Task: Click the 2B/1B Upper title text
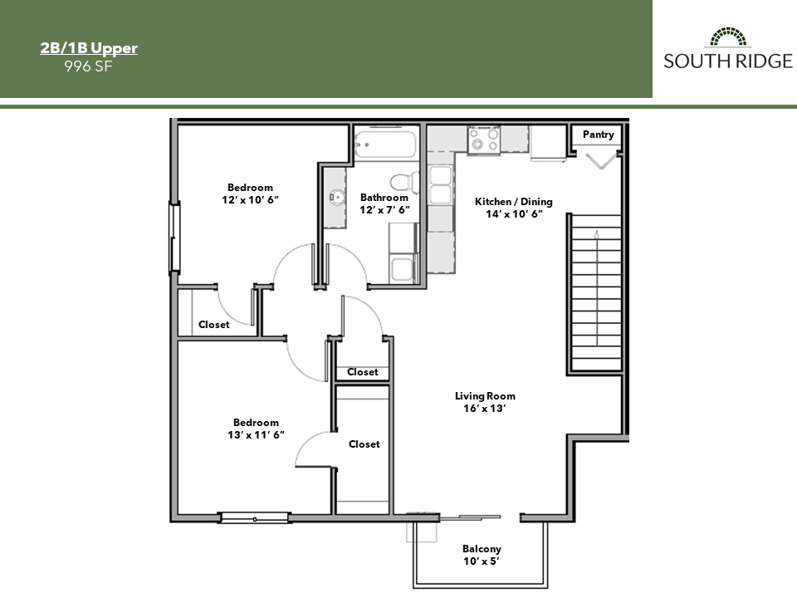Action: click(x=89, y=48)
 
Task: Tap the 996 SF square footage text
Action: click(x=89, y=66)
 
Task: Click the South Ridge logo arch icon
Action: click(x=728, y=37)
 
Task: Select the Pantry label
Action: click(x=598, y=135)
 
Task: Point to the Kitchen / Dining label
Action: click(x=513, y=208)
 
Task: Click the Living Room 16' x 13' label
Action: click(x=485, y=402)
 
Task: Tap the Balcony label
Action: click(x=482, y=555)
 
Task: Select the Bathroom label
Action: click(x=384, y=203)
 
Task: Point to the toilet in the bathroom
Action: click(x=401, y=180)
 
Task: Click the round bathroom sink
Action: click(x=336, y=198)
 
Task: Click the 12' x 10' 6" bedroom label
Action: click(x=250, y=194)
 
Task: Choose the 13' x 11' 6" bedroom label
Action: click(x=256, y=429)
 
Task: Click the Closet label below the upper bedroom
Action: click(x=213, y=325)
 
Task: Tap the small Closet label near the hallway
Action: click(x=362, y=372)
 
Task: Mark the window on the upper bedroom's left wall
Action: click(x=174, y=238)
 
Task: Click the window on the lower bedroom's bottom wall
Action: click(x=255, y=518)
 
